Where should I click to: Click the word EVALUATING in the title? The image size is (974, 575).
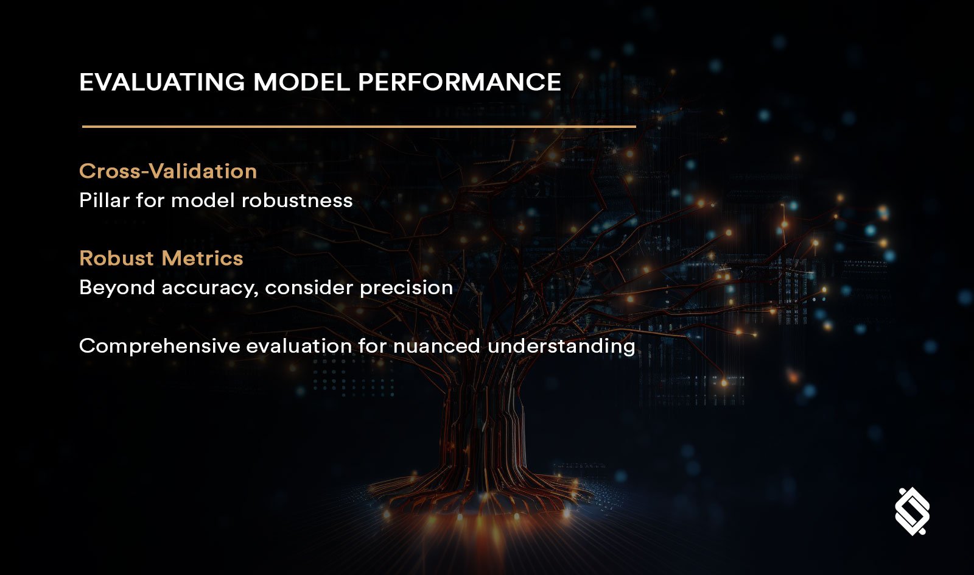pyautogui.click(x=162, y=82)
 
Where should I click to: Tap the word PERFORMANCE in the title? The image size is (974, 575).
pyautogui.click(x=459, y=82)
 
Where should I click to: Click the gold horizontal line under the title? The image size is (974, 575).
pyautogui.click(x=359, y=127)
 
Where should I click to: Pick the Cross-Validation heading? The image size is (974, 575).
pyautogui.click(x=168, y=171)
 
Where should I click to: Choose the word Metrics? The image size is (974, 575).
pyautogui.click(x=203, y=258)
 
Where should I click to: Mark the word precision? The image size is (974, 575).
pyautogui.click(x=406, y=287)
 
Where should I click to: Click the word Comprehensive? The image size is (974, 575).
pyautogui.click(x=159, y=347)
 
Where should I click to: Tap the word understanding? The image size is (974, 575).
pyautogui.click(x=561, y=347)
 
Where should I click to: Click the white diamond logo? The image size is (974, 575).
pyautogui.click(x=912, y=511)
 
